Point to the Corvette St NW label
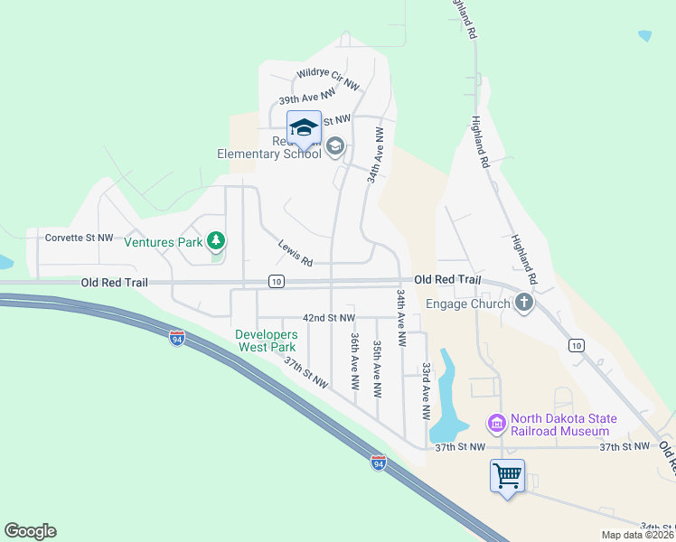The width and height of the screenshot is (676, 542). point(80,238)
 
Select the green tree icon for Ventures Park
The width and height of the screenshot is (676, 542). point(216,240)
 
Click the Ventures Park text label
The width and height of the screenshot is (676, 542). point(163,242)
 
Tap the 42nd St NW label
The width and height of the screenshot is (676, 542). point(328,318)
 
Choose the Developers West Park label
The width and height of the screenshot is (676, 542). point(266,341)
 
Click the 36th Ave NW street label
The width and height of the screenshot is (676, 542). point(355,360)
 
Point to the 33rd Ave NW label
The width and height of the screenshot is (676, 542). point(426,391)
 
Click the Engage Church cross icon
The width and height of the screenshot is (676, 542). point(524,303)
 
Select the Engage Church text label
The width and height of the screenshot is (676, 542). point(468,304)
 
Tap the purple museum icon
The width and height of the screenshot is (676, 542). point(496,423)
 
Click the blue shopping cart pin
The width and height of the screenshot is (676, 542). point(507,474)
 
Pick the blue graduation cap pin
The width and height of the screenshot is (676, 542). point(304,126)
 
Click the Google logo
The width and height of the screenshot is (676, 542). point(30,531)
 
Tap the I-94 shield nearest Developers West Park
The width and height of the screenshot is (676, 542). point(177,338)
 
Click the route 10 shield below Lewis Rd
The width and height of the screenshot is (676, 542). point(277,282)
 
